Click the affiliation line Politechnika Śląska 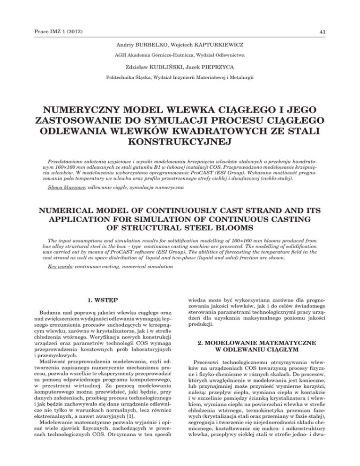tap(180, 78)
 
